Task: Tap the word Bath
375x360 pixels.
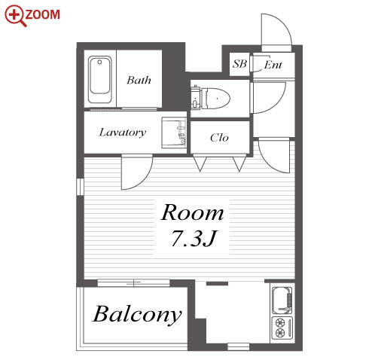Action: pos(139,80)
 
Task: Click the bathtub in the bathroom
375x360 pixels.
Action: pos(100,79)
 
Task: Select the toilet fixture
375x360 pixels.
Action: pos(211,98)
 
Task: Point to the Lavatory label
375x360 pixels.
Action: pos(123,133)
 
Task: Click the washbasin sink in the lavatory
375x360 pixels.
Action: pos(174,133)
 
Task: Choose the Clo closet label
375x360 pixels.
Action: pos(219,138)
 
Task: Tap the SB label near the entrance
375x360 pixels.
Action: pos(239,64)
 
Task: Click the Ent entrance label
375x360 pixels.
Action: pos(273,65)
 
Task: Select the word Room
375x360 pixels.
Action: pos(192,212)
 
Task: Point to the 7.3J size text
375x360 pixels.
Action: pos(194,238)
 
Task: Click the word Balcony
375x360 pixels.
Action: pos(137,315)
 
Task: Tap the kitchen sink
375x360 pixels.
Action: pos(282,301)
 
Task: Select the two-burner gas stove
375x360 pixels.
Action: pos(282,328)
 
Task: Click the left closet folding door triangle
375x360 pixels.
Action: pos(200,163)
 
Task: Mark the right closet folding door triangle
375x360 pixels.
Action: pos(239,163)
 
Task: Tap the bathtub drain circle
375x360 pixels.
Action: pos(99,62)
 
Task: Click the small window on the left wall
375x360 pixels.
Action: pos(81,187)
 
